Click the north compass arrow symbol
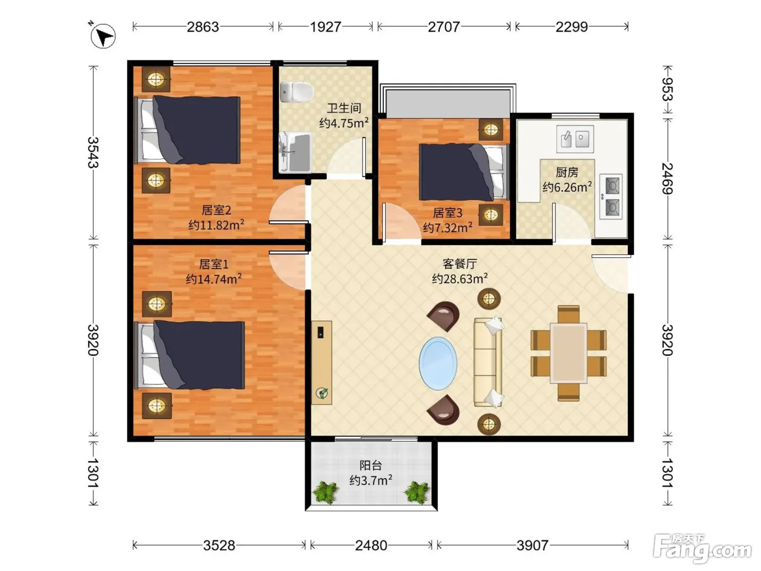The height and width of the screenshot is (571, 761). [x=103, y=36]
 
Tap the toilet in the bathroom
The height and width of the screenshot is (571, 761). [x=296, y=92]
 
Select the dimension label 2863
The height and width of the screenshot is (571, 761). [x=203, y=27]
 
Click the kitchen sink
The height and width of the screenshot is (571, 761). [x=575, y=139]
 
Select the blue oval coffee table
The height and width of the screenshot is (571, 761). [x=438, y=363]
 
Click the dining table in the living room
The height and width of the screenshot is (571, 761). [x=569, y=353]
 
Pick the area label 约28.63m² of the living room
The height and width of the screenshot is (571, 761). [x=460, y=278]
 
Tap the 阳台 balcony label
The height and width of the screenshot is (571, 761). [x=371, y=466]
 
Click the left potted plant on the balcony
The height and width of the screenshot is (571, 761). [x=326, y=492]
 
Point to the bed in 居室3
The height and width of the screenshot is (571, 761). [x=464, y=172]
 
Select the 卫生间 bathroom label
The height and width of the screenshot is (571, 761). [x=344, y=108]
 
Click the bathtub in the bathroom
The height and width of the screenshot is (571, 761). [x=295, y=152]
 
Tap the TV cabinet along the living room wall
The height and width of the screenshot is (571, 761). [x=321, y=363]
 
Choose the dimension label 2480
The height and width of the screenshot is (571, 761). [x=371, y=545]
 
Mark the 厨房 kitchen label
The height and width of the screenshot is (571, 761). [x=567, y=172]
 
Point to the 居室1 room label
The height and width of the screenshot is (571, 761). [x=214, y=264]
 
